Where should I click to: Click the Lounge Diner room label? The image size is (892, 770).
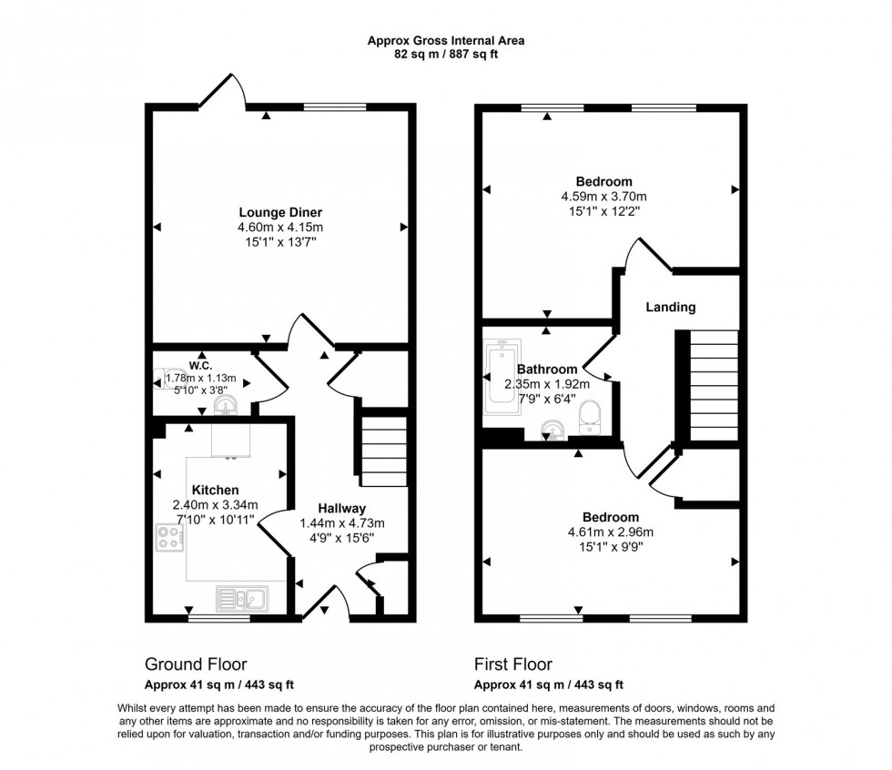(280, 213)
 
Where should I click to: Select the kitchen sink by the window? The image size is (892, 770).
(241, 598)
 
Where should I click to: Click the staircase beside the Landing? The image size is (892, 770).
(715, 385)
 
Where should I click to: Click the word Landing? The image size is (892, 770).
(671, 308)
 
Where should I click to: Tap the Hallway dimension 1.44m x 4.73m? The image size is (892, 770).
(342, 523)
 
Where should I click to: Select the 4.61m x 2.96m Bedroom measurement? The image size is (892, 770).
(604, 532)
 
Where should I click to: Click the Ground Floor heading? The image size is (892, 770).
(196, 664)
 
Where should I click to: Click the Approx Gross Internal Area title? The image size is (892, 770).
(446, 40)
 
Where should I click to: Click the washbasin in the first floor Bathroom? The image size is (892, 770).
(550, 429)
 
